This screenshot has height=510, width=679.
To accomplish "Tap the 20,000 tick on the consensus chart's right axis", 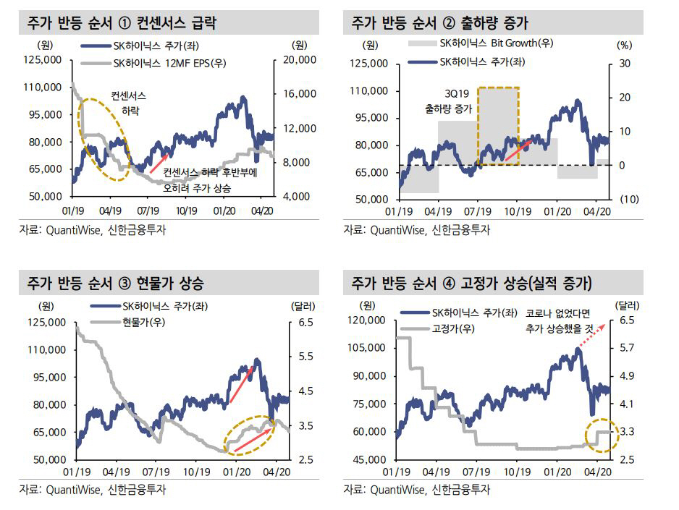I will pos(295,59).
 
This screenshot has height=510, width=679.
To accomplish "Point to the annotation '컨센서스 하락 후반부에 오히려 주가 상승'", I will pos(210,179).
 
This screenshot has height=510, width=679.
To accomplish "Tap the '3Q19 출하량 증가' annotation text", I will pos(447,102).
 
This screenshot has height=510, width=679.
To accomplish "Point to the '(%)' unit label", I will pos(624,44).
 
